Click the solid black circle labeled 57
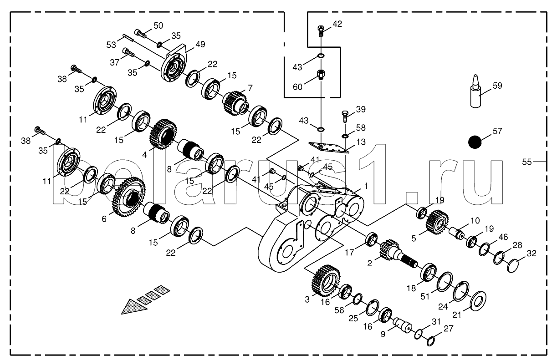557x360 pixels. (x=475, y=142)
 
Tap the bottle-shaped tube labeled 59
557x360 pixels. (x=475, y=91)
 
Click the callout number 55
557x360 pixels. (x=526, y=162)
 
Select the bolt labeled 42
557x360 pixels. (x=321, y=31)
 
